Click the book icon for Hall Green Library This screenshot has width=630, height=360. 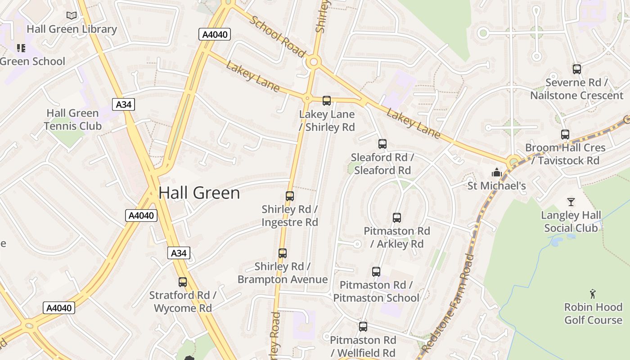(x=72, y=16)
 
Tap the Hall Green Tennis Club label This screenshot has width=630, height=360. (x=72, y=120)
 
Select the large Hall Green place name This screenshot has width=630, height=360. (x=199, y=193)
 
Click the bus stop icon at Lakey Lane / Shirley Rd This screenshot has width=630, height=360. (x=327, y=101)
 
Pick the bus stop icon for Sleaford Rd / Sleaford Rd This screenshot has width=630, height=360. (x=382, y=144)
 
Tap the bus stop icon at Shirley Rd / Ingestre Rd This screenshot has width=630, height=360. (x=290, y=196)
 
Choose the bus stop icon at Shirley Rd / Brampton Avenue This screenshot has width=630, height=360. (x=283, y=253)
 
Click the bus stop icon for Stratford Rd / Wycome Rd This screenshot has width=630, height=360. (x=183, y=282)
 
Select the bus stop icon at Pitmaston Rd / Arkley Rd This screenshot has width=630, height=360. (x=397, y=218)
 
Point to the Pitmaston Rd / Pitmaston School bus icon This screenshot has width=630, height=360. (x=376, y=272)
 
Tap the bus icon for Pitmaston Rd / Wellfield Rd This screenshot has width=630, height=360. (x=363, y=327)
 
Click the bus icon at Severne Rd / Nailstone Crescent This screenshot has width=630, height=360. (x=577, y=69)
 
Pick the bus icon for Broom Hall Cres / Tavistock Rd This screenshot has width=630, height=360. (x=565, y=135)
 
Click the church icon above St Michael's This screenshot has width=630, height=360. (x=496, y=172)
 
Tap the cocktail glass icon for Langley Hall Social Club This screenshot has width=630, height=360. (x=571, y=202)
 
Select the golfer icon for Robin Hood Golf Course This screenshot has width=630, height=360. (x=593, y=294)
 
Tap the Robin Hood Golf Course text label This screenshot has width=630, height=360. (x=593, y=314)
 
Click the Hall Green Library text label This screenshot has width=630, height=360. (x=72, y=29)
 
